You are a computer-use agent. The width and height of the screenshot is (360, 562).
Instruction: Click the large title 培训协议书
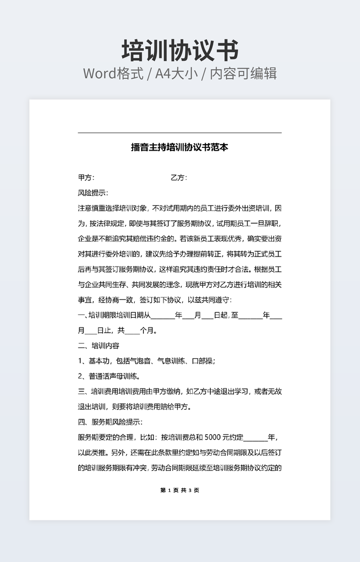pyautogui.click(x=180, y=51)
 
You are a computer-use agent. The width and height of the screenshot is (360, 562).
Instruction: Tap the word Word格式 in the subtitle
pyautogui.click(x=113, y=73)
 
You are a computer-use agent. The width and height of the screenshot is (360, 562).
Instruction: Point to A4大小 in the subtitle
pyautogui.click(x=175, y=73)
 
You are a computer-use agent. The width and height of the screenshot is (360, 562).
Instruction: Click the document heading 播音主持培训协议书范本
pyautogui.click(x=179, y=147)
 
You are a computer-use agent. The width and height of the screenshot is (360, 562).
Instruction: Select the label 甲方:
pyautogui.click(x=86, y=178)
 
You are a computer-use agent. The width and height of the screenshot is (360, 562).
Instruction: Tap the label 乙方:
pyautogui.click(x=178, y=178)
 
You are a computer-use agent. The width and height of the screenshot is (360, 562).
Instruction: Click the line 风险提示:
pyautogui.click(x=93, y=193)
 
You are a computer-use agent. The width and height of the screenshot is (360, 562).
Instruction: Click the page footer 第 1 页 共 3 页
pyautogui.click(x=179, y=490)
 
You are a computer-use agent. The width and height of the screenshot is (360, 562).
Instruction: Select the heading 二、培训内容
pyautogui.click(x=99, y=346)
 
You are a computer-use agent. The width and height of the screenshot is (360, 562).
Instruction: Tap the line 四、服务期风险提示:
pyautogui.click(x=110, y=423)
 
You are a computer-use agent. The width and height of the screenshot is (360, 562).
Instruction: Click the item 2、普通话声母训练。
pyautogui.click(x=109, y=376)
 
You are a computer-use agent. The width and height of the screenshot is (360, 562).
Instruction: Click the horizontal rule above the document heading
pyautogui.click(x=179, y=133)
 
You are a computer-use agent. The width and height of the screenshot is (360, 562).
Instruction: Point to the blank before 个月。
pyautogui.click(x=132, y=330)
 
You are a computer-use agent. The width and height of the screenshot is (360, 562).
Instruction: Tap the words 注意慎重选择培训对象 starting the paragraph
pyautogui.click(x=112, y=208)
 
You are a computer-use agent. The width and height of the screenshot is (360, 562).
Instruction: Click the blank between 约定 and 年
pyautogui.click(x=256, y=437)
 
